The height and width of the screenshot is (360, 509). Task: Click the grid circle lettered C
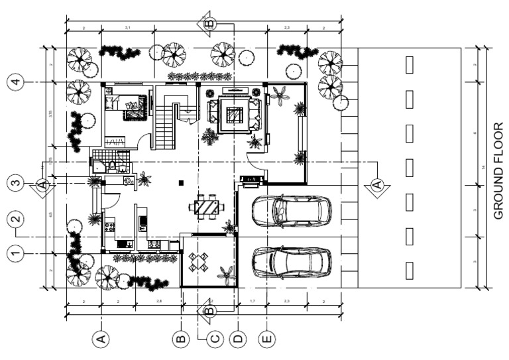coord(214,339)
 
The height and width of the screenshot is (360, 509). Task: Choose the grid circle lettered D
coord(237,339)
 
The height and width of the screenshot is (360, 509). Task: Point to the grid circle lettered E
coord(266,339)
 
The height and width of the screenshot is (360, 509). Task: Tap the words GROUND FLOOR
coord(499,168)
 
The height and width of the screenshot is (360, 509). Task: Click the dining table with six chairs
coord(205,206)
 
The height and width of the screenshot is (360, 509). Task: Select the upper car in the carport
coord(292,211)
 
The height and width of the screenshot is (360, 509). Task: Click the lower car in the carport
coord(292,261)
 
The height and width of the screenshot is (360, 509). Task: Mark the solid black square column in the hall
coord(181,182)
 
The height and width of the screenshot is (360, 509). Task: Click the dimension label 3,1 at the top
coord(127,27)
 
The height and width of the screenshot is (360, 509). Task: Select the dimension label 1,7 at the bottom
coord(253,302)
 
